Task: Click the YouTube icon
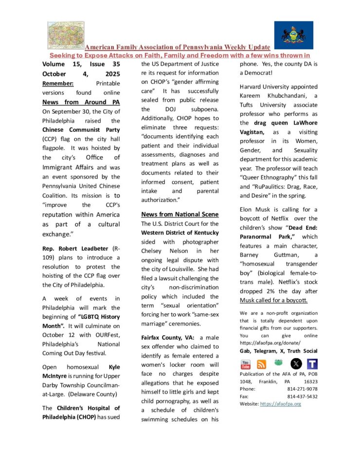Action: (x=246, y=364)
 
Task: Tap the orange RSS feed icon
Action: (x=262, y=364)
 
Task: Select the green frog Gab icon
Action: (x=278, y=363)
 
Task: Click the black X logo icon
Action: (x=296, y=363)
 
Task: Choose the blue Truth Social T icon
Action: (x=312, y=364)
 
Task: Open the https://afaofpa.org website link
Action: (x=281, y=404)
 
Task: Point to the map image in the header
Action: (x=66, y=35)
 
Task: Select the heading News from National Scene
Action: (x=180, y=214)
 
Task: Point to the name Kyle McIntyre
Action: (x=81, y=371)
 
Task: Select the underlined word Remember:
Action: (x=58, y=83)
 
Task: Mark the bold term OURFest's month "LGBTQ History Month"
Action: (x=93, y=317)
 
